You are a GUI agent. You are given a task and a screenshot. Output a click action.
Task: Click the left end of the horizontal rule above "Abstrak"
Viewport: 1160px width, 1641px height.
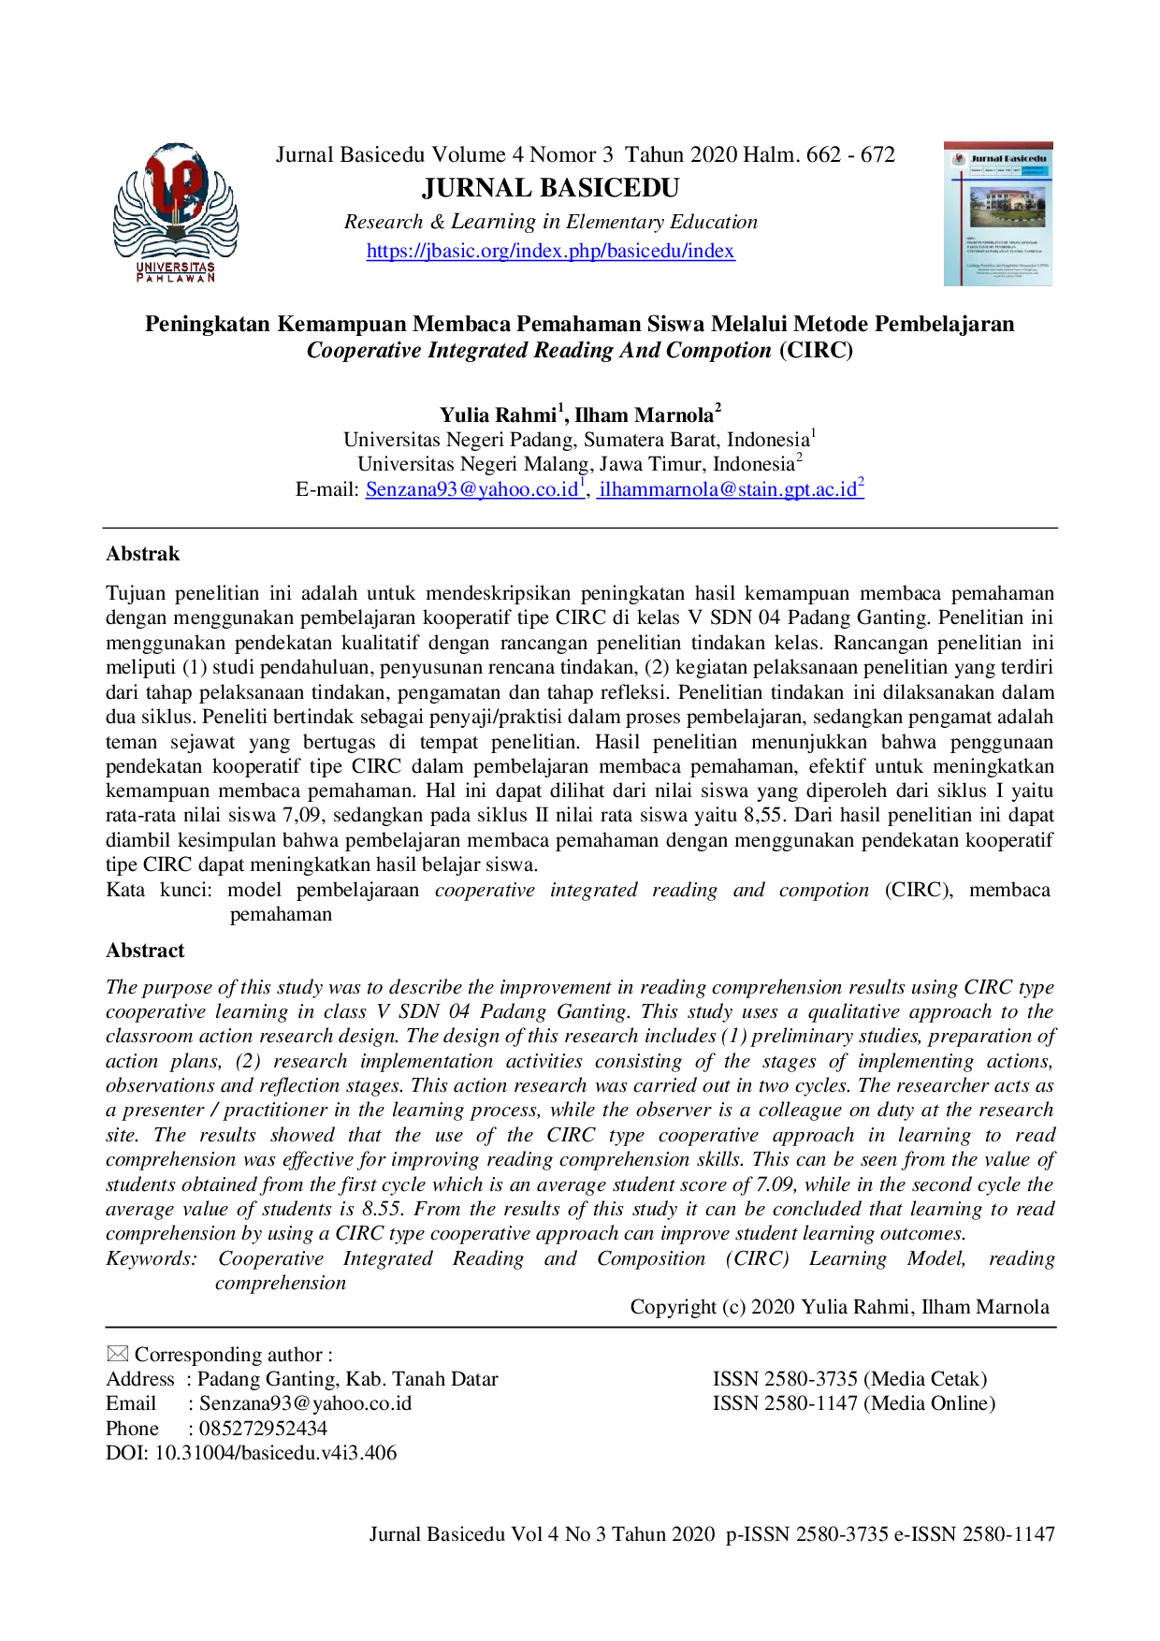click(x=103, y=529)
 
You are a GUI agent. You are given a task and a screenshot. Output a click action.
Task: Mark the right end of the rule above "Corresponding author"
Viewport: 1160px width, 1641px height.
click(x=1057, y=1328)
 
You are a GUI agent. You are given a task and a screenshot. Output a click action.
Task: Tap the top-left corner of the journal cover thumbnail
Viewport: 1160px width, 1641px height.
click(x=944, y=142)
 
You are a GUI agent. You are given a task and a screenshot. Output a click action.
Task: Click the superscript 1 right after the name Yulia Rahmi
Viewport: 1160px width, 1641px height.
click(x=561, y=408)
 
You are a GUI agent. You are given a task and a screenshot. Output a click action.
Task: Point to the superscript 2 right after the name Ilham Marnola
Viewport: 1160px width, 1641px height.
click(x=718, y=408)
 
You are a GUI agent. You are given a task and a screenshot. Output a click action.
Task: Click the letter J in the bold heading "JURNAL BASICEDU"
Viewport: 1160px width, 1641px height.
click(x=428, y=189)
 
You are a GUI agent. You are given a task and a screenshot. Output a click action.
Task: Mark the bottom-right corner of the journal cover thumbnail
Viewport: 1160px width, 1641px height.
click(x=1053, y=286)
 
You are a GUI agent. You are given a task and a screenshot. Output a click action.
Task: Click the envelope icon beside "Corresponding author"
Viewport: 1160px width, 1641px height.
click(x=117, y=1354)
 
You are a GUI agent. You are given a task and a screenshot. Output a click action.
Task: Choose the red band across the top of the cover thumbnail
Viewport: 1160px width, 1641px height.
click(x=998, y=146)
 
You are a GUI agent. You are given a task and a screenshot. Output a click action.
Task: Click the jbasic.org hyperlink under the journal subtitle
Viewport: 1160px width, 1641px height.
click(x=550, y=251)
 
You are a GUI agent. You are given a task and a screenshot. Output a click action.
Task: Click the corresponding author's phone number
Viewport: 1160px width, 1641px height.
click(x=263, y=1429)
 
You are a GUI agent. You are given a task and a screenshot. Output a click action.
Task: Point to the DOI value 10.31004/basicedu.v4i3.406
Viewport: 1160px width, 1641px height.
click(x=275, y=1453)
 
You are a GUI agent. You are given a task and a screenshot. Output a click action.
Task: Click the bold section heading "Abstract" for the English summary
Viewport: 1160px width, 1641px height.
click(x=145, y=951)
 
